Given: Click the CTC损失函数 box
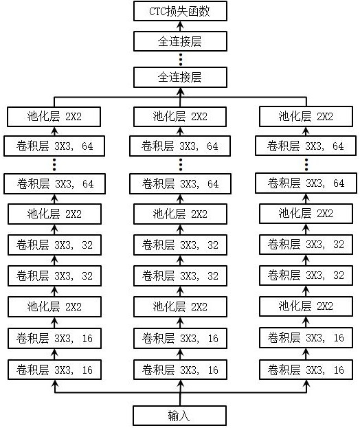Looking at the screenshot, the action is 180,11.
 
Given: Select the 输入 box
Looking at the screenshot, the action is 179,416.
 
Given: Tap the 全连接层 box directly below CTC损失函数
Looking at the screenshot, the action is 180,41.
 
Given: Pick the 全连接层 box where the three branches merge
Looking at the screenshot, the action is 180,77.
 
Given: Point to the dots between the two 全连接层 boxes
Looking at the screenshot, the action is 181,59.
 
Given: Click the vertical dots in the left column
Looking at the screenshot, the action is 54,165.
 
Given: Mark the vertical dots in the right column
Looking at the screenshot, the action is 306,165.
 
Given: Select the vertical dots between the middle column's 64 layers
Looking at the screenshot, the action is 181,165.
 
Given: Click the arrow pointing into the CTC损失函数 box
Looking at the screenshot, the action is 180,26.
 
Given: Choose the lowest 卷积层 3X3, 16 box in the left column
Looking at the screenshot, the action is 54,370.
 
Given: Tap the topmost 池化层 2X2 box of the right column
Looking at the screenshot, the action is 306,117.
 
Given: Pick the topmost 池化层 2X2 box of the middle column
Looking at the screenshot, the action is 180,117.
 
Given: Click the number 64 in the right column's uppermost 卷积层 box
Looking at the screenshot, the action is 338,146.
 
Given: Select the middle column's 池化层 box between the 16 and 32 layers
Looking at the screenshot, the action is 180,307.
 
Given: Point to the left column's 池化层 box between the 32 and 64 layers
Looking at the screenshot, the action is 54,214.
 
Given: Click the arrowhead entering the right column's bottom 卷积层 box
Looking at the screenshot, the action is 306,383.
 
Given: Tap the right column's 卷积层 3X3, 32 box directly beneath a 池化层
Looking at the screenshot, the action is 306,245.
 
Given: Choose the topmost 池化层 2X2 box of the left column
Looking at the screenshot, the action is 54,117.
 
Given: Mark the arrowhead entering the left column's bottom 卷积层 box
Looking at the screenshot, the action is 55,383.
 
